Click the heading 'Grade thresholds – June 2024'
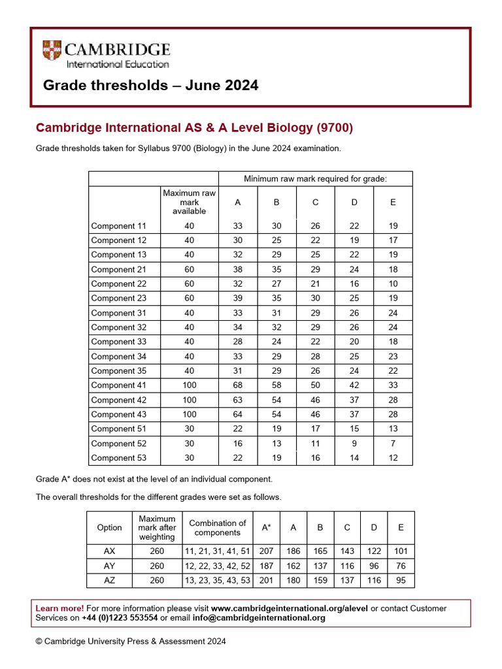(x=150, y=86)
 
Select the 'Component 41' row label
(x=118, y=385)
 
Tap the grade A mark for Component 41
(x=238, y=385)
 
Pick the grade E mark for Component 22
(x=393, y=284)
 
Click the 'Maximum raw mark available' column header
(x=189, y=202)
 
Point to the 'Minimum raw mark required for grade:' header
(x=315, y=178)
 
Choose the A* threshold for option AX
(x=266, y=551)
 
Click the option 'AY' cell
(x=109, y=566)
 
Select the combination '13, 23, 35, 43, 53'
(x=218, y=580)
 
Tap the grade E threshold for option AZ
(x=401, y=580)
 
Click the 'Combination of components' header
(x=218, y=527)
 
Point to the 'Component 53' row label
(x=118, y=458)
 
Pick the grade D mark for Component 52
(x=354, y=444)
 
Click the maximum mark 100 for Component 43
(x=189, y=414)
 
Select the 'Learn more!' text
(x=59, y=608)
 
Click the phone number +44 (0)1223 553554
(x=120, y=618)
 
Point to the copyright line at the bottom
(x=131, y=642)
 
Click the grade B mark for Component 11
(x=276, y=226)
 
